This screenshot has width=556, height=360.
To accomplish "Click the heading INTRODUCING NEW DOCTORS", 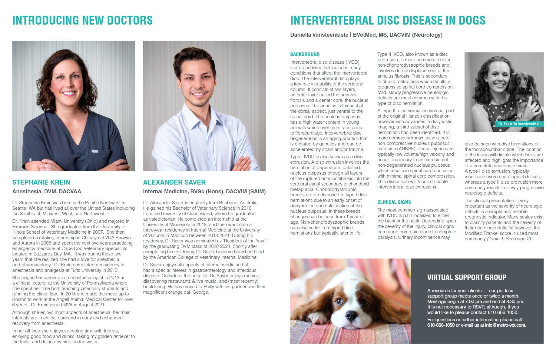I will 82,20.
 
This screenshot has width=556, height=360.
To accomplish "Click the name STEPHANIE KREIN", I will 41,182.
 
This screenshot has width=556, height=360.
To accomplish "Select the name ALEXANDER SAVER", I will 174,182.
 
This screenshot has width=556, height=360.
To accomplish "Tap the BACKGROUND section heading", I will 305,55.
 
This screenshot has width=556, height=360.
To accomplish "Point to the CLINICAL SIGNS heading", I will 394,202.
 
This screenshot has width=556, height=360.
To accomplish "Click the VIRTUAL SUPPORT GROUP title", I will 467,277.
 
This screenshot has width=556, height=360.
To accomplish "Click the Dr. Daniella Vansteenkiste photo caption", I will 519,124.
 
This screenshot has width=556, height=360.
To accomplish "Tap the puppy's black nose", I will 352,316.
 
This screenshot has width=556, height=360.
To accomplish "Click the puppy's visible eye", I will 339,302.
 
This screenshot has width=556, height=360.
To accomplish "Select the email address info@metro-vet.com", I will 505,325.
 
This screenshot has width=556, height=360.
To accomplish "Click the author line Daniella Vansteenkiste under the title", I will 319,35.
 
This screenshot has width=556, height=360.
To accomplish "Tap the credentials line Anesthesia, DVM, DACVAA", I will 47,192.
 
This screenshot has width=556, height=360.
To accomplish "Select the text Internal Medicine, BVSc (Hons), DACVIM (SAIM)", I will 204,192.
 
